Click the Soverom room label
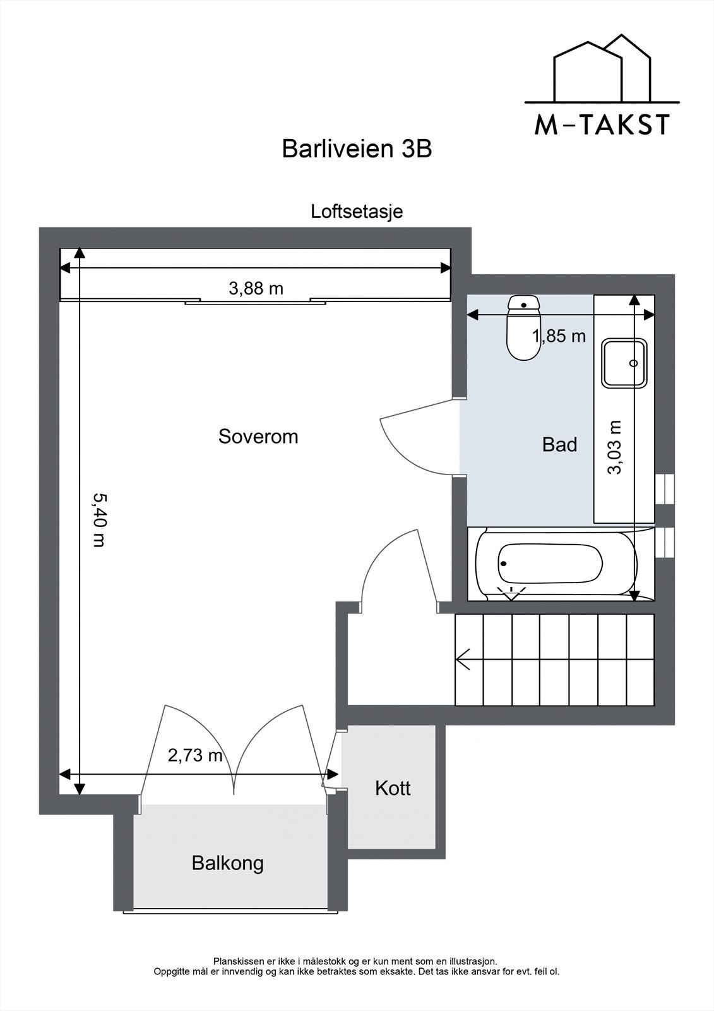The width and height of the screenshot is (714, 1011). tap(258, 437)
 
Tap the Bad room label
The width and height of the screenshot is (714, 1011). tap(559, 445)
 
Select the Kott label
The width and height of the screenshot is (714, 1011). tap(393, 788)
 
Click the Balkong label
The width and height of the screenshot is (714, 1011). tap(228, 863)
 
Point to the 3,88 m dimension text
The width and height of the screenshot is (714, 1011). tap(256, 289)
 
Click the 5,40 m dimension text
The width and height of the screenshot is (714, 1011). tap(98, 519)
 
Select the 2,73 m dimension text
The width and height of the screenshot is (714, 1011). tap(195, 754)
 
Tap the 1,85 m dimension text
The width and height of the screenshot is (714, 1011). tap(559, 336)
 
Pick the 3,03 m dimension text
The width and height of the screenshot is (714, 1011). tap(615, 447)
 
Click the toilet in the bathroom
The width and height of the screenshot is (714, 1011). tap(523, 329)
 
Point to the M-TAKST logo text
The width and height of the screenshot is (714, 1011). tap(602, 125)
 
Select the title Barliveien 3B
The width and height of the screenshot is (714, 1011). tap(357, 149)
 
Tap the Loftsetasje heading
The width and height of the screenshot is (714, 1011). tap(357, 211)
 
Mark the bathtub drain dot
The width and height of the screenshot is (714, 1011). tap(504, 564)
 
